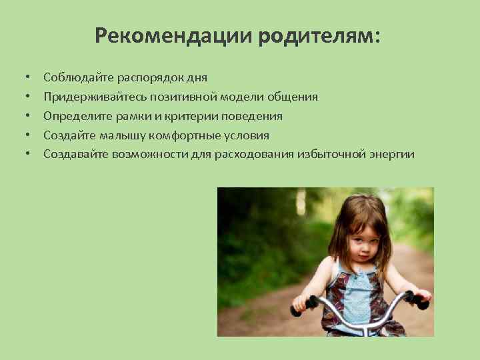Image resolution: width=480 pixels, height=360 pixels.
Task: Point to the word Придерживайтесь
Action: (94, 97)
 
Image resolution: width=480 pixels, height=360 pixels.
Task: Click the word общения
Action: (291, 97)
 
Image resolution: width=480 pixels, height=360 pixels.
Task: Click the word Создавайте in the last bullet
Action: (75, 155)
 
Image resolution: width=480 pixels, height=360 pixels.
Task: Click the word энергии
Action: (390, 155)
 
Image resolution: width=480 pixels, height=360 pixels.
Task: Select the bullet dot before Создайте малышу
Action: (29, 136)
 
